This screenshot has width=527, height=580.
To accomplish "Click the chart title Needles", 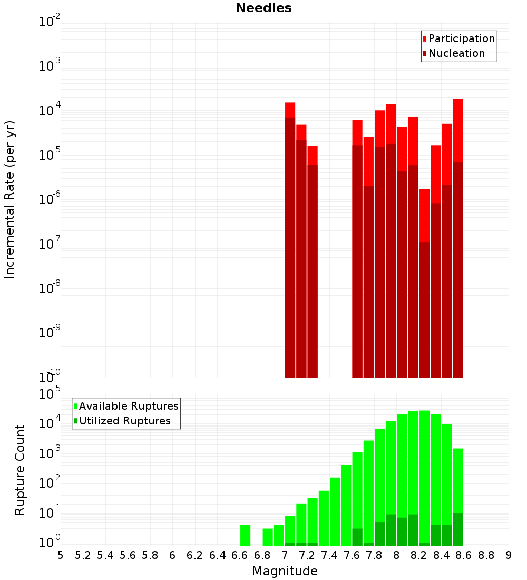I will tap(263, 8).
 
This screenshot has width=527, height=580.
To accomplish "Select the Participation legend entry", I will tap(461, 38).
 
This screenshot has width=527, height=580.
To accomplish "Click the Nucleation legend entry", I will tap(456, 53).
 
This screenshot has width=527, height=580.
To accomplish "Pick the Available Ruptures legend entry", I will tap(128, 406).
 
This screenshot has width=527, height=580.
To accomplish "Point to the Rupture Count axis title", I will tap(20, 470).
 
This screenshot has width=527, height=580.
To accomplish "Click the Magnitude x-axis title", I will tap(285, 571).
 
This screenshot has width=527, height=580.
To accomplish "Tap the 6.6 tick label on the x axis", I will tap(239, 555).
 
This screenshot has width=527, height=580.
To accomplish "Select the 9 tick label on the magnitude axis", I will tap(509, 555).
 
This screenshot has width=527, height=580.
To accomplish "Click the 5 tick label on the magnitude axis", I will tap(61, 555).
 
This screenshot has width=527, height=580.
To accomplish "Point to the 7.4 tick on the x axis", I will tap(329, 555).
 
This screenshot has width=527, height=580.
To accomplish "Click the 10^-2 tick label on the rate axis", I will tap(50, 22).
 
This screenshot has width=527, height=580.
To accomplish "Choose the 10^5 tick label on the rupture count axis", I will tap(50, 395).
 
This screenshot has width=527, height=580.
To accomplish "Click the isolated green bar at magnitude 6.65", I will tap(245, 535).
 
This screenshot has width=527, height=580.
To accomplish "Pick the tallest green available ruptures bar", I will tap(424, 475).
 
